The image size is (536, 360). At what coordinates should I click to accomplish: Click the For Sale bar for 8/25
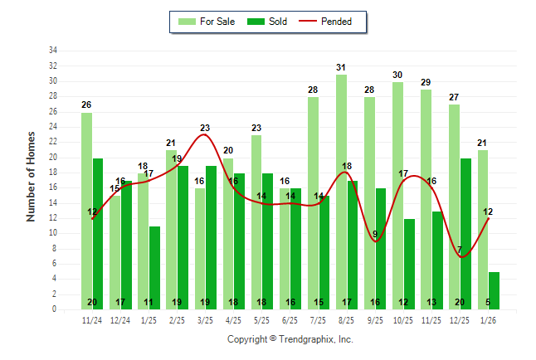(x=341, y=191)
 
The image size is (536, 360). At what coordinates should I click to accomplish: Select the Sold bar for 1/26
(x=495, y=286)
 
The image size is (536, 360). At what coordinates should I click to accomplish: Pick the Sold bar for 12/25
(x=466, y=232)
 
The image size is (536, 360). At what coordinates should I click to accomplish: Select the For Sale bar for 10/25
(x=397, y=195)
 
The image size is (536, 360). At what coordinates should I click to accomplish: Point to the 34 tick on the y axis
(x=52, y=51)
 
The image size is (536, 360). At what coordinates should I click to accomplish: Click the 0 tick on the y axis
(x=54, y=309)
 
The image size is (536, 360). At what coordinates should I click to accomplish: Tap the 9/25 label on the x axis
(x=375, y=319)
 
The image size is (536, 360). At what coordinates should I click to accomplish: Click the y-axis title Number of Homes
(x=31, y=176)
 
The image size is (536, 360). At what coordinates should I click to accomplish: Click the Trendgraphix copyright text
(x=290, y=339)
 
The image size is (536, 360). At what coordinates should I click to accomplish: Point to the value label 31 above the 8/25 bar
(x=341, y=67)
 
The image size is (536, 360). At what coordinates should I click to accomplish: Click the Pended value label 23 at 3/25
(x=205, y=128)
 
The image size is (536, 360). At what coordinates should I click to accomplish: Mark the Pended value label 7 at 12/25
(x=459, y=250)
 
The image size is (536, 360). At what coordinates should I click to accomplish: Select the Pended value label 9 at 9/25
(x=376, y=234)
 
